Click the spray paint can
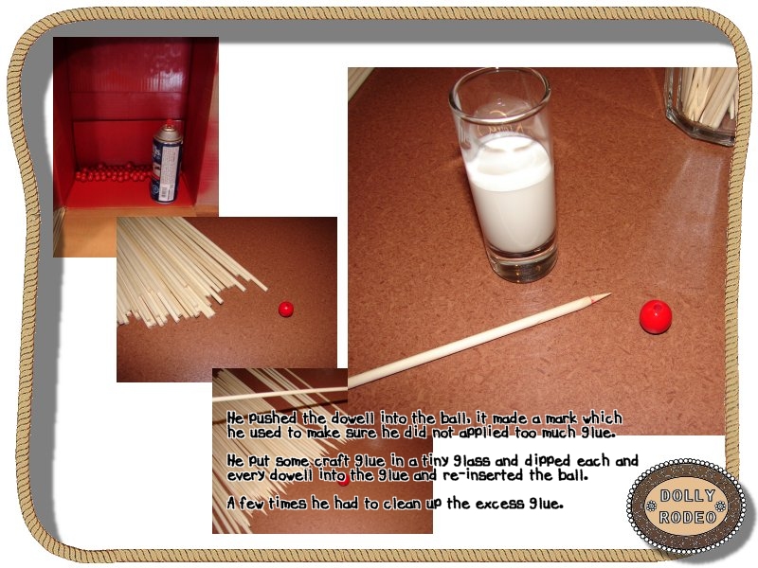coord(168,161)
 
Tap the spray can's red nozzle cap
coord(171,123)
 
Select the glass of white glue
coord(503,175)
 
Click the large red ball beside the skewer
coord(656,316)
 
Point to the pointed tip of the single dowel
coord(609,294)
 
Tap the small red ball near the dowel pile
coord(286,310)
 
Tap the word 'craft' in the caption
coord(334,460)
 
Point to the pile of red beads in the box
coord(113,172)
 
